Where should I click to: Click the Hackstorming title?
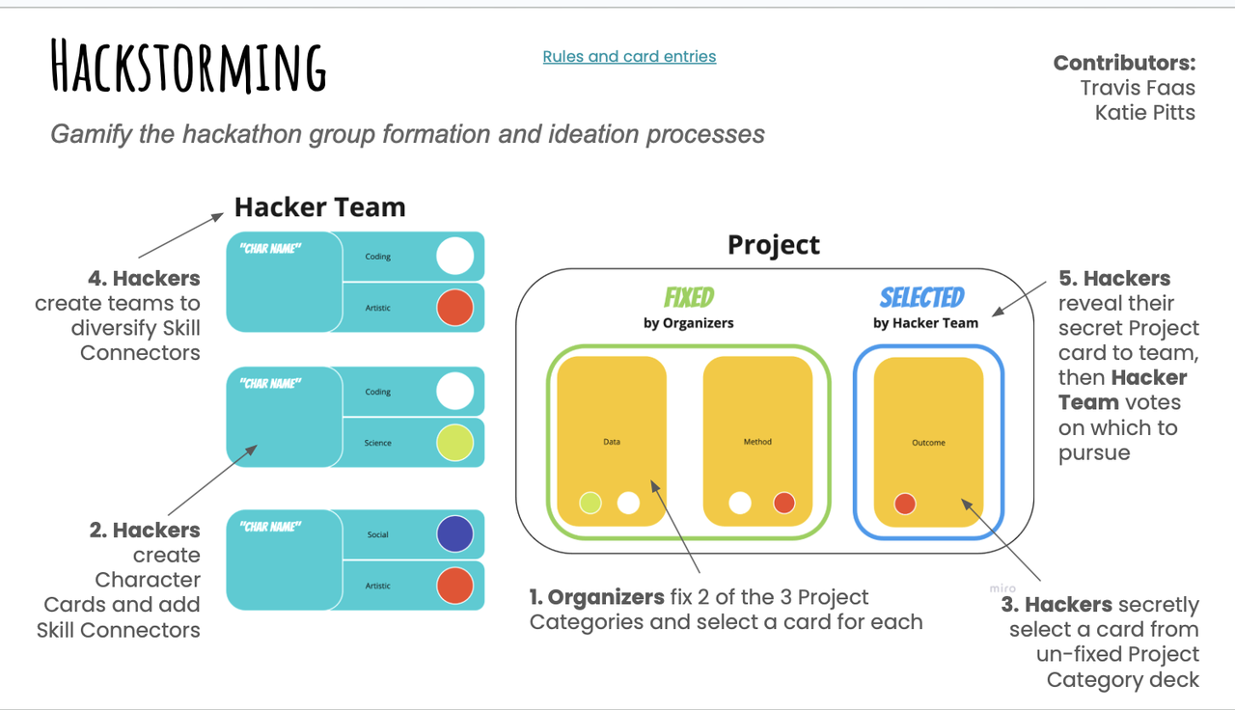pyautogui.click(x=189, y=68)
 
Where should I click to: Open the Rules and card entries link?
pyautogui.click(x=629, y=56)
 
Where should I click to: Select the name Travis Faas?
pyautogui.click(x=1138, y=88)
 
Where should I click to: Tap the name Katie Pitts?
pyautogui.click(x=1144, y=113)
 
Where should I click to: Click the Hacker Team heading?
pyautogui.click(x=319, y=207)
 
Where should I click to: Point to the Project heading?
pyautogui.click(x=773, y=245)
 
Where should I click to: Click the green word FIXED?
pyautogui.click(x=689, y=296)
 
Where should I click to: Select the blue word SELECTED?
pyautogui.click(x=921, y=297)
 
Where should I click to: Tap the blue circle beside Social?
pyautogui.click(x=454, y=533)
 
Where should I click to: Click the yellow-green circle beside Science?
pyautogui.click(x=454, y=443)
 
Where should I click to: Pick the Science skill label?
pyautogui.click(x=377, y=443)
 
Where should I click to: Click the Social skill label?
pyautogui.click(x=377, y=534)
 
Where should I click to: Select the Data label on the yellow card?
pyautogui.click(x=612, y=442)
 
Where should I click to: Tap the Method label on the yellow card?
pyautogui.click(x=757, y=442)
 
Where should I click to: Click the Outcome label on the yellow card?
pyautogui.click(x=928, y=443)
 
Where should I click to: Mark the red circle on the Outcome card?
pyautogui.click(x=904, y=504)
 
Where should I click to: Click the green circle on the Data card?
pyautogui.click(x=590, y=503)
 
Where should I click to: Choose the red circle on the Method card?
pyautogui.click(x=783, y=503)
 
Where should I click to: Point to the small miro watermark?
pyautogui.click(x=1002, y=588)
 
